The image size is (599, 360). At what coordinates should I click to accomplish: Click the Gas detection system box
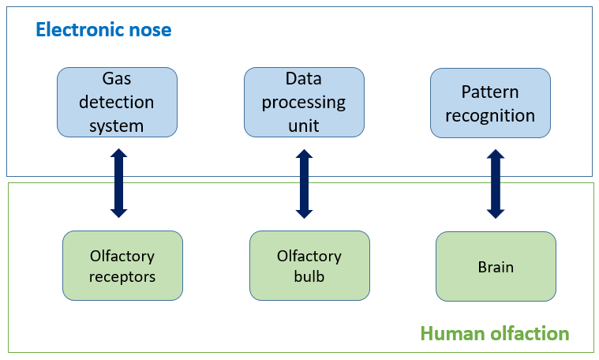click(x=117, y=103)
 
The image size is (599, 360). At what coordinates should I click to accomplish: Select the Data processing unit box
click(x=304, y=103)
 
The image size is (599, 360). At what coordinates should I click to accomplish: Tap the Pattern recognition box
click(x=490, y=103)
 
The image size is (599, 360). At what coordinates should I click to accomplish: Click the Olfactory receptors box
click(x=122, y=266)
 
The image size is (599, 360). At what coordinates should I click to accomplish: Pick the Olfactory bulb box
click(x=309, y=266)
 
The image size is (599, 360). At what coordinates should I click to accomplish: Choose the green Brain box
click(x=496, y=266)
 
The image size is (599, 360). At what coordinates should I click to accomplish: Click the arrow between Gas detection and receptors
click(x=118, y=182)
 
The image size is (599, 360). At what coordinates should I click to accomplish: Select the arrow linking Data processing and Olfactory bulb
click(x=304, y=182)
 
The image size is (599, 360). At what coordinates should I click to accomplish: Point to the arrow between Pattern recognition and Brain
click(x=496, y=182)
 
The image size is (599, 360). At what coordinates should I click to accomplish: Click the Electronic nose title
click(x=103, y=31)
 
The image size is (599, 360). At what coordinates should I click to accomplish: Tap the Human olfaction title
click(x=494, y=333)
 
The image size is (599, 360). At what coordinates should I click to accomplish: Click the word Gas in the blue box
click(x=117, y=80)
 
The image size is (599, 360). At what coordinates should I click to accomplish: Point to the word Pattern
click(x=490, y=92)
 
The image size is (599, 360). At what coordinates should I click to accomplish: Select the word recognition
click(x=490, y=115)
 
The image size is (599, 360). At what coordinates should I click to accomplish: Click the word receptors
click(x=122, y=276)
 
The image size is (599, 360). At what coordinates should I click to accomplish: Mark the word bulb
click(x=309, y=276)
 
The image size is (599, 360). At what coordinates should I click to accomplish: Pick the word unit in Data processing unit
click(x=304, y=125)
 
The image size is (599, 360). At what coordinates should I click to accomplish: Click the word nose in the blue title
click(x=150, y=31)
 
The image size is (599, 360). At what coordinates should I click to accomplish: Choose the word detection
click(x=117, y=103)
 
